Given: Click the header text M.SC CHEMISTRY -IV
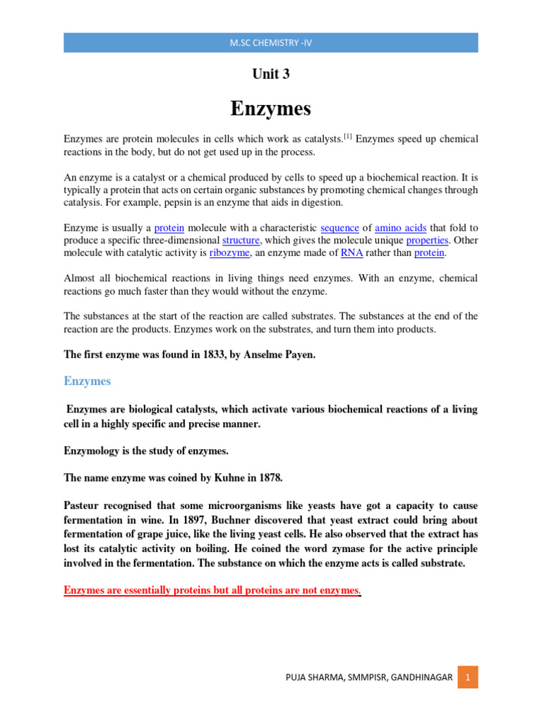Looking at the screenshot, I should pos(271,43).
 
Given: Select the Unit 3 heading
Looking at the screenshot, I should pos(271,74).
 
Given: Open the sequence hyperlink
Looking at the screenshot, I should pos(339,228).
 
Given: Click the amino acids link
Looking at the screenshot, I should pos(398,228).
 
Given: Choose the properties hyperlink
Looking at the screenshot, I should pos(426,240).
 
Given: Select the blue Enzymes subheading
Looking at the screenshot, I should pos(88,381).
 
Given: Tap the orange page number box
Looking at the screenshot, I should pos(466,678).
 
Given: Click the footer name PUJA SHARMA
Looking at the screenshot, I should pos(318,678).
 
